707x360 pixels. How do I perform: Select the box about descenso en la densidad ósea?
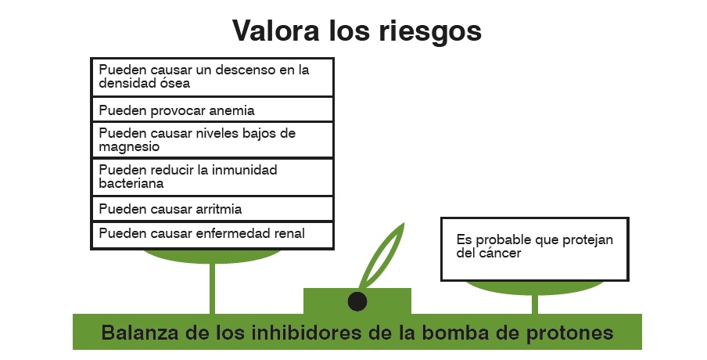(213, 77)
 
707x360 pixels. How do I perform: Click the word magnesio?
(130, 146)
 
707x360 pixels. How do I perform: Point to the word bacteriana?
(131, 183)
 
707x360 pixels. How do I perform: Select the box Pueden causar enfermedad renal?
(213, 234)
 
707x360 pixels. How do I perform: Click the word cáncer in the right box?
(500, 253)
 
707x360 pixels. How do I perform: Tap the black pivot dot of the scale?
(357, 300)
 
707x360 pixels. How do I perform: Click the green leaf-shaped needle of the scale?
(382, 254)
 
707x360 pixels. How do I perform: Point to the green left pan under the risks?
(211, 256)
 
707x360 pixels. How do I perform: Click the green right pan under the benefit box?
(533, 287)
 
